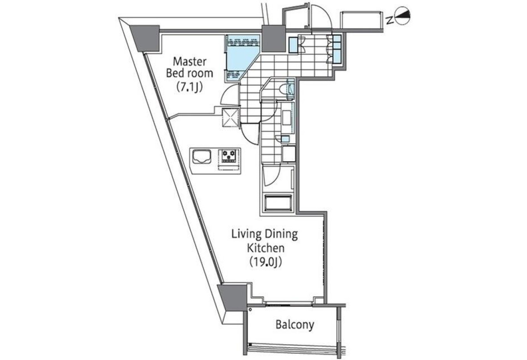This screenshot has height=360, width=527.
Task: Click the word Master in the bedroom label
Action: click(190, 62)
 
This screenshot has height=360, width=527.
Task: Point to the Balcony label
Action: click(295, 325)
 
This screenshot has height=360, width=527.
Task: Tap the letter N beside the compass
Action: click(390, 21)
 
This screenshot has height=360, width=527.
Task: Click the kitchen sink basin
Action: click(202, 157)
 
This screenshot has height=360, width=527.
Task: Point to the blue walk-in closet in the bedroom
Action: click(240, 58)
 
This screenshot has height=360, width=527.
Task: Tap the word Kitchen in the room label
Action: click(266, 248)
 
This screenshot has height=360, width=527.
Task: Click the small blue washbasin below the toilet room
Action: click(285, 139)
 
